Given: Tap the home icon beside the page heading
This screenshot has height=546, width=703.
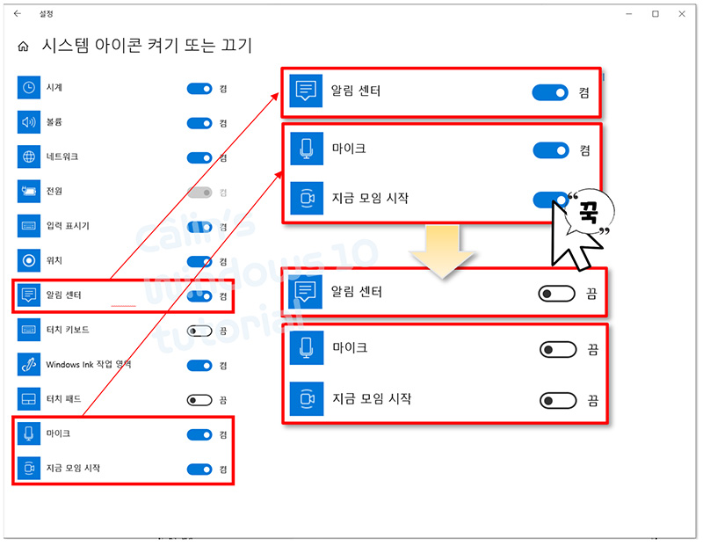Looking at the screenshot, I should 24,46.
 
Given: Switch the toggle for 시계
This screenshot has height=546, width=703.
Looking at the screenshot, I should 199,88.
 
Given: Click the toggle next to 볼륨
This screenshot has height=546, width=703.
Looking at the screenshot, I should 199,123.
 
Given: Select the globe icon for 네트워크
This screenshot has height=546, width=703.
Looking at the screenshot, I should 29,157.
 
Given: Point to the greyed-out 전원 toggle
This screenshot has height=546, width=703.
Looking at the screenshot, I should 199,192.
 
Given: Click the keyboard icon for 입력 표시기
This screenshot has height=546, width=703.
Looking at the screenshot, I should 29,226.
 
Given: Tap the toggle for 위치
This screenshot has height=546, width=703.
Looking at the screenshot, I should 199,261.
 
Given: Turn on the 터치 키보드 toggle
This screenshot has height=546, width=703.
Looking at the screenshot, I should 199,331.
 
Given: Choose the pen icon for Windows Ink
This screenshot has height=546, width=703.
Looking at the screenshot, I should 29,365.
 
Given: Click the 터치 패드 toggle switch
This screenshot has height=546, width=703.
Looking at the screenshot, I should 199,399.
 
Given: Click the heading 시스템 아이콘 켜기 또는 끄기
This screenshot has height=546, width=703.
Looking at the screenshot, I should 146,46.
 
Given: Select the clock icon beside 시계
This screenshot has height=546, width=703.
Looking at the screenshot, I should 29,88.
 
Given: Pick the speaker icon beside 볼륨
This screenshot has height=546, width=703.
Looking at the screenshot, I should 29,123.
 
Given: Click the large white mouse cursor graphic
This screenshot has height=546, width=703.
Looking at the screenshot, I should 567,233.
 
